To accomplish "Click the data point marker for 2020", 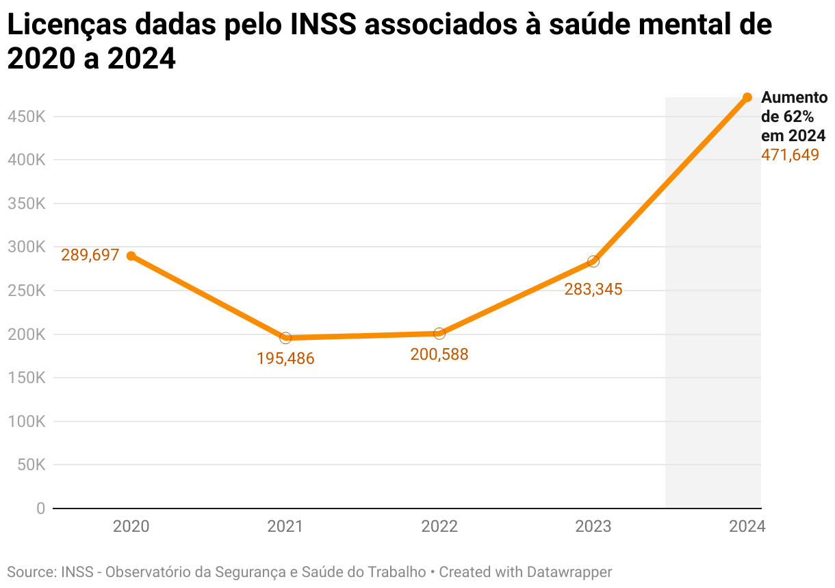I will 131,256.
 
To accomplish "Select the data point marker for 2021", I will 285,338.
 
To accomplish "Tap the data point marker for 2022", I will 439,333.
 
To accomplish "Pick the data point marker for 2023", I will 593,261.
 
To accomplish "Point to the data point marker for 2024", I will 747,97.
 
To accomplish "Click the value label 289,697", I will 90,256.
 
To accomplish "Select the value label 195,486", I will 285,358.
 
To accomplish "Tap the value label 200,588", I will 439,354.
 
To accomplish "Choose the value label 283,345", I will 593,289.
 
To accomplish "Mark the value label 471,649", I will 790,155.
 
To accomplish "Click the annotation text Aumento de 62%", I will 793,107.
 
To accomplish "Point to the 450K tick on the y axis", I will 26,117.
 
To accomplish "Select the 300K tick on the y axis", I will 26,247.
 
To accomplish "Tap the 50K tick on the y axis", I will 30,465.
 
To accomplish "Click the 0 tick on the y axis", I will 41,509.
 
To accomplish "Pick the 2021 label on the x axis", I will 285,527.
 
